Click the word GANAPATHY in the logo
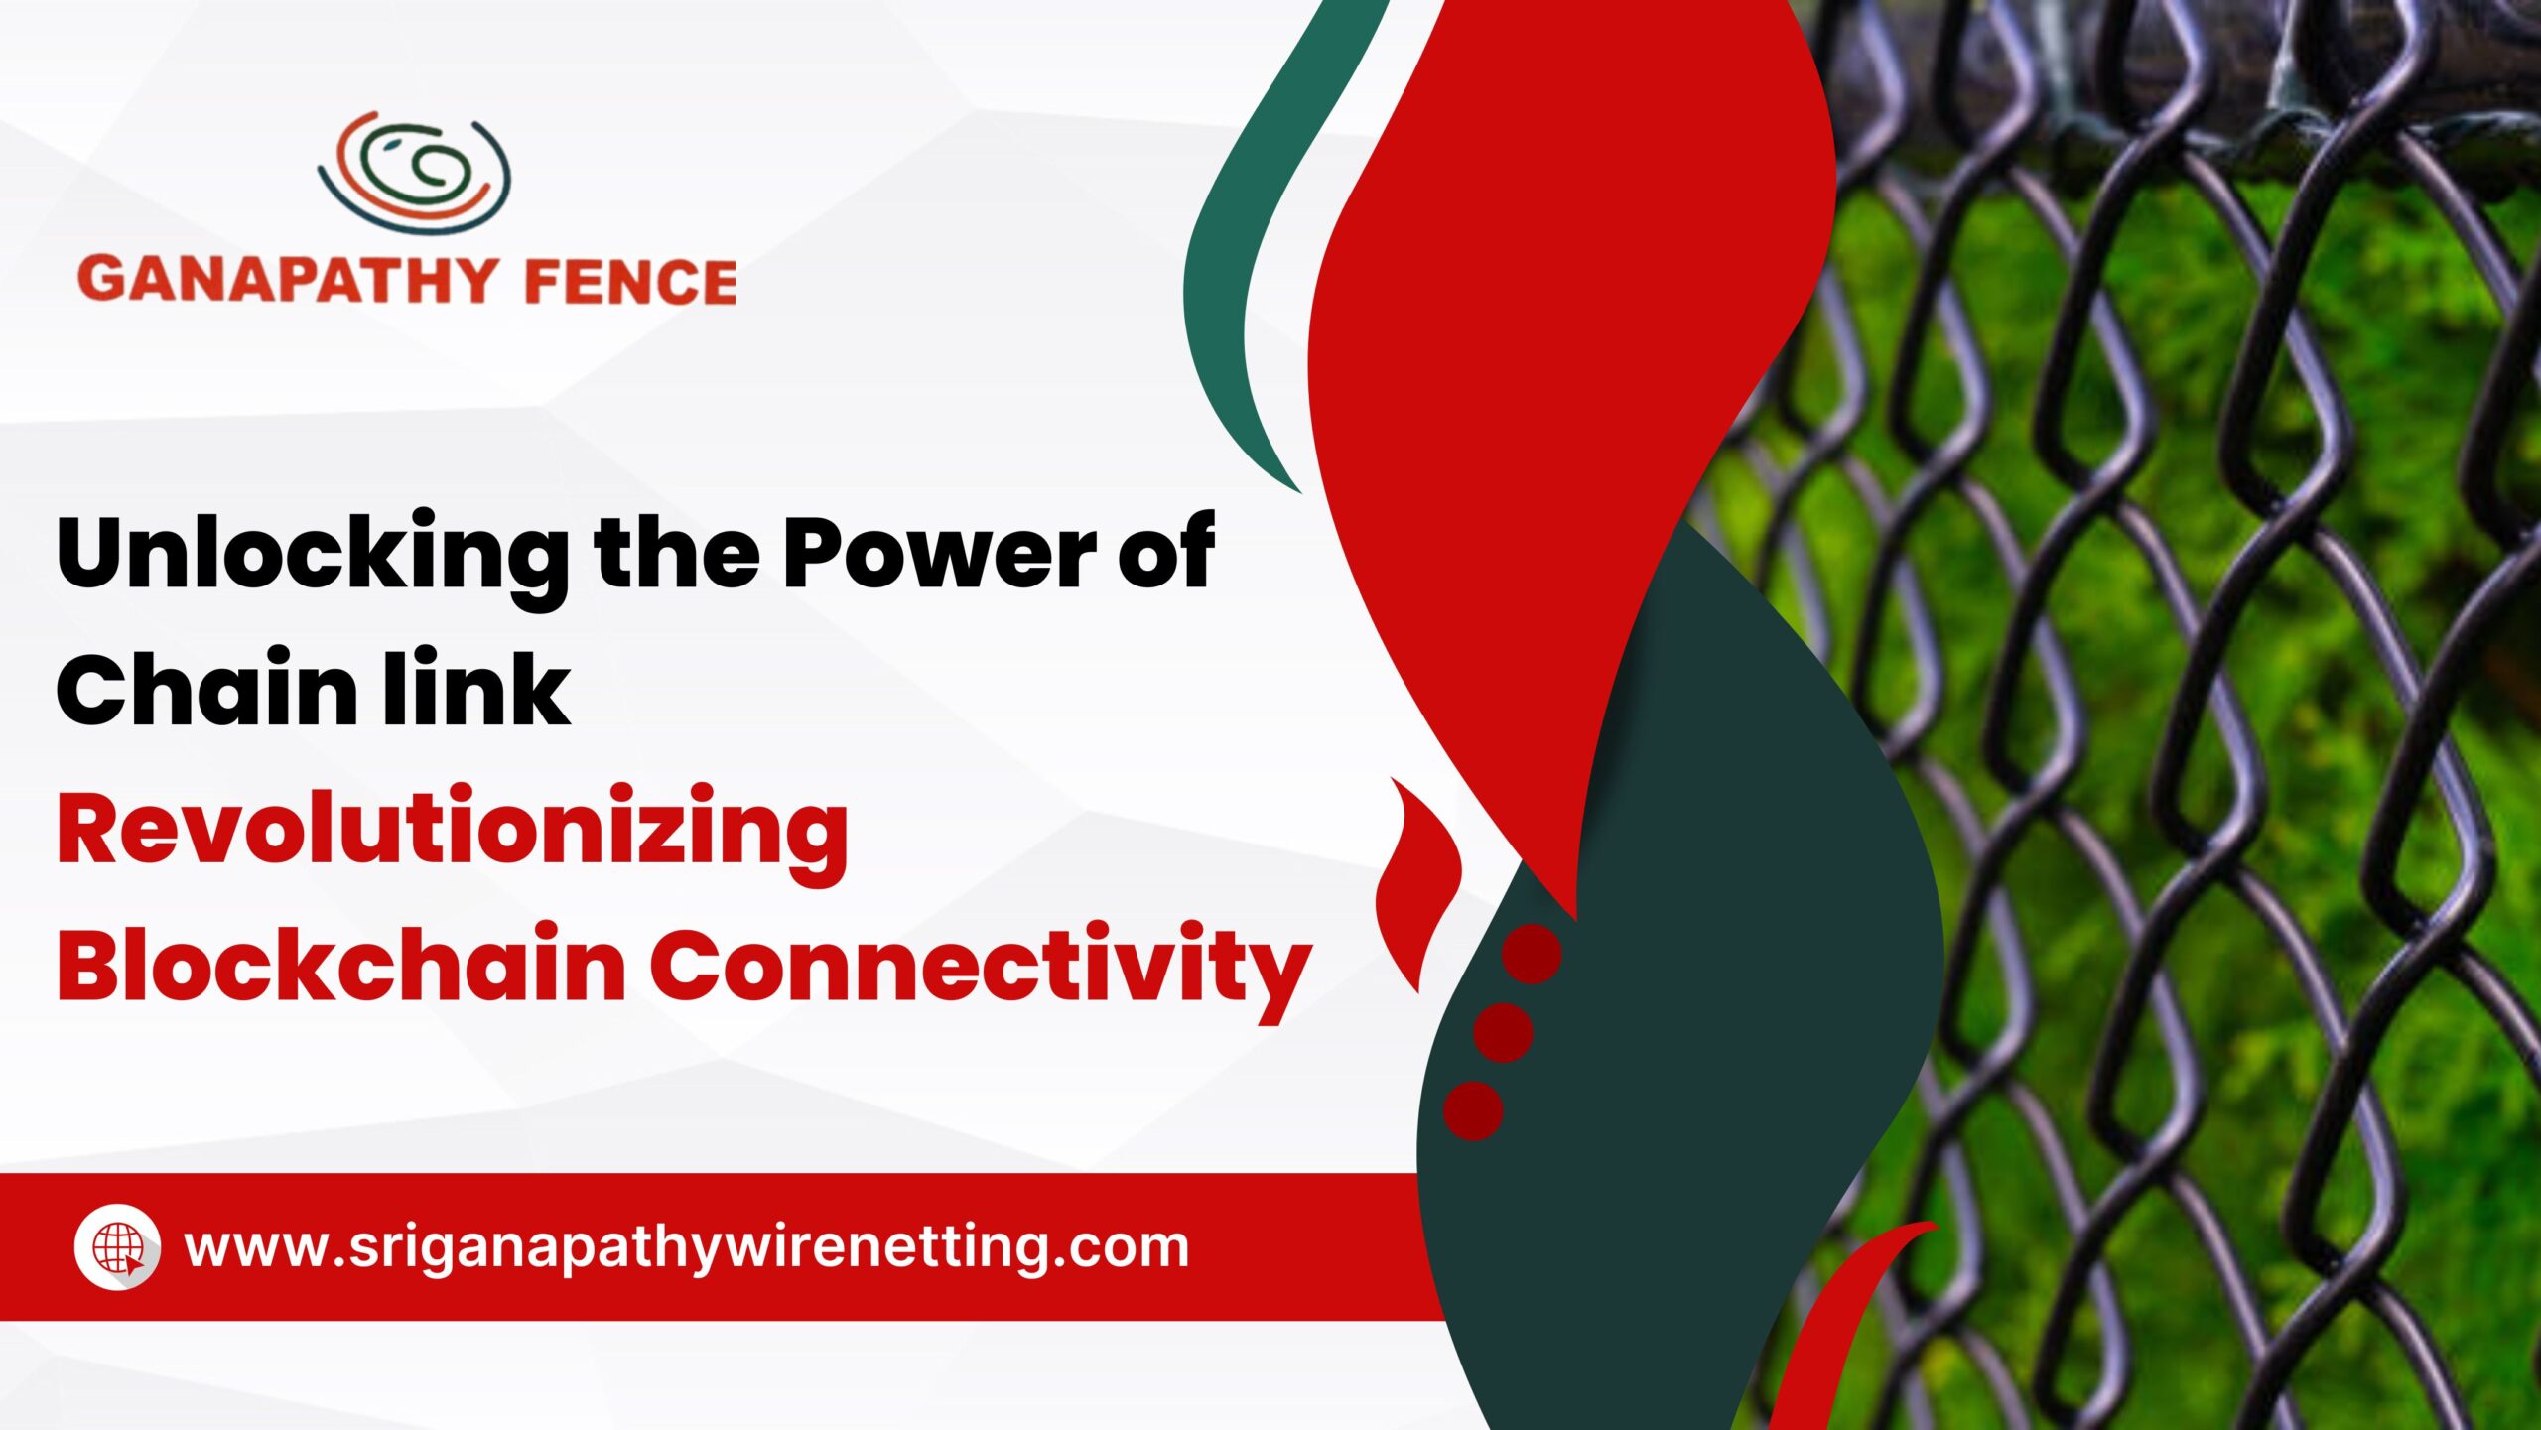[x=286, y=280]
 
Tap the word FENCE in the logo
[x=630, y=281]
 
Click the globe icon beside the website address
[x=118, y=1247]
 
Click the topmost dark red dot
[x=1532, y=954]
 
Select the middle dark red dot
[x=1503, y=1032]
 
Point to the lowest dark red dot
[x=1473, y=1110]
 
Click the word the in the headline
[x=678, y=552]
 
